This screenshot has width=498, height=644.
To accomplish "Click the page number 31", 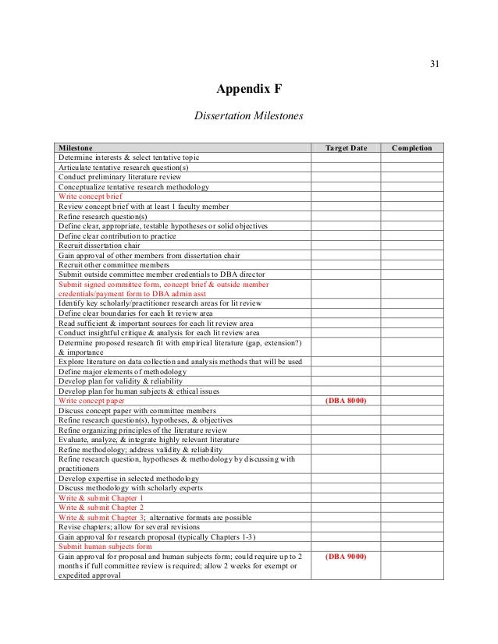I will coord(435,64).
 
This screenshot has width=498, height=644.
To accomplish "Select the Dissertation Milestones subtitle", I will coord(248,116).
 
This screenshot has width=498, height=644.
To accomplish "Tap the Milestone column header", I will coord(76,147).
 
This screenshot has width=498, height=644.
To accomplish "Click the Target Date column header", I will coord(346,147).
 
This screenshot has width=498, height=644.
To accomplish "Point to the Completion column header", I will coord(411,147).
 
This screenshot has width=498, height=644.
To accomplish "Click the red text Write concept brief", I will coord(91,196).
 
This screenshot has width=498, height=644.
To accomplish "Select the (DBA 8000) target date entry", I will coord(346,400).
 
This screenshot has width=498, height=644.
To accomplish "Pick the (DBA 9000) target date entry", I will coord(346,557).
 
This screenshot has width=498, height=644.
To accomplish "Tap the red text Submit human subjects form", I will coord(105,547).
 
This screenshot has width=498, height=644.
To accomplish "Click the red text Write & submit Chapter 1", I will coord(101,497).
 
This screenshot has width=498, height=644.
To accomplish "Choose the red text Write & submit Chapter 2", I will coord(101,508).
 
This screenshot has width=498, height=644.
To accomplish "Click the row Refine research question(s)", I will coord(102,216).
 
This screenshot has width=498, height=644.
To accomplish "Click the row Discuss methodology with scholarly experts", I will coord(130,488).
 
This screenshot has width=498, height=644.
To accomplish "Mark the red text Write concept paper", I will coord(91,400).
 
